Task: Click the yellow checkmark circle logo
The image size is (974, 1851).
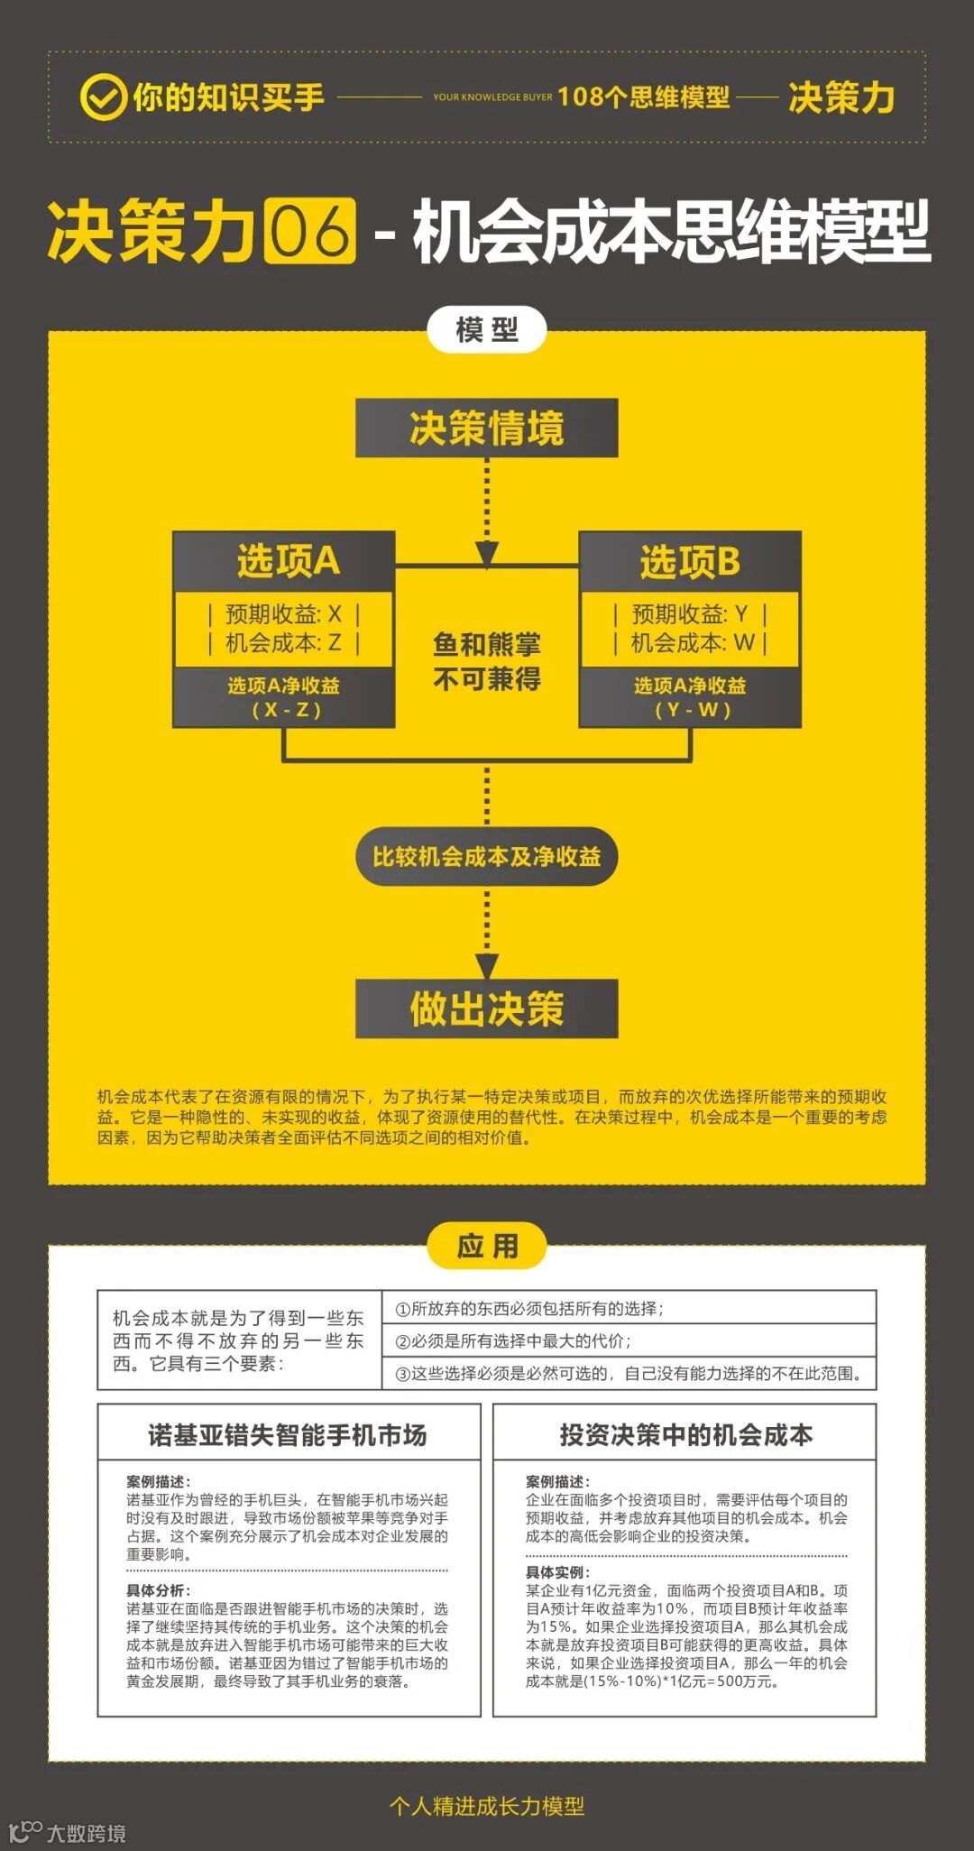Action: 103,97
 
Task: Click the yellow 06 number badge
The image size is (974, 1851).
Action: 310,231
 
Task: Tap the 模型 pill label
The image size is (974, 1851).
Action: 486,330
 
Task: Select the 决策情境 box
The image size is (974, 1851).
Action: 486,428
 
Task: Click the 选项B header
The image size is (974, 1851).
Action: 690,561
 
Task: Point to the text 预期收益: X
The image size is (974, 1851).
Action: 283,614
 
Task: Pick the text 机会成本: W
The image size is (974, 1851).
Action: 693,643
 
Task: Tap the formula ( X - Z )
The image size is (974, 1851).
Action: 285,710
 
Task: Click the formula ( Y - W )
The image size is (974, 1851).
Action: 691,710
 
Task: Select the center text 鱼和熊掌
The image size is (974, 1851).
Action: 486,644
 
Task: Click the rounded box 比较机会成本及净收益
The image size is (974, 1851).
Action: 486,856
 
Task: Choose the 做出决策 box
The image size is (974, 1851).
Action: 486,1008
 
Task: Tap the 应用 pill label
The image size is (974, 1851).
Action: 486,1247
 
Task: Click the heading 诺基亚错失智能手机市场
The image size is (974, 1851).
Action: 288,1434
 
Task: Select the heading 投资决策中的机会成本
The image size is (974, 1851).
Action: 685,1434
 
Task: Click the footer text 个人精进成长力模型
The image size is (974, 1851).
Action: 486,1805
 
